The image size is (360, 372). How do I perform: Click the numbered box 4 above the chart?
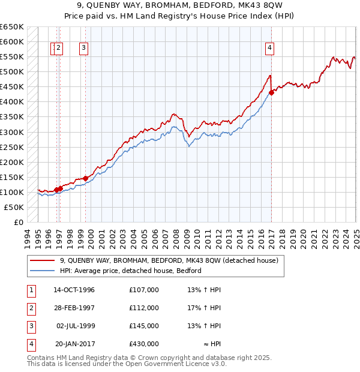point(270,49)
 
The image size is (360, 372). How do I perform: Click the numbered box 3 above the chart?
point(83,49)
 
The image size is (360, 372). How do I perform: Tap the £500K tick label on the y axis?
point(12,72)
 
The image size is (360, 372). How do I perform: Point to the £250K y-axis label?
point(12,147)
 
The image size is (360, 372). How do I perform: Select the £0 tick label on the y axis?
point(19,222)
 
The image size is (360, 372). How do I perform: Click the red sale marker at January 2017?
point(272,92)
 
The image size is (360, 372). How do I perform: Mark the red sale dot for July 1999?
point(85,178)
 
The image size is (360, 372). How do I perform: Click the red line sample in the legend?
point(41,261)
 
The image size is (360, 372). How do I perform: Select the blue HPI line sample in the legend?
point(41,271)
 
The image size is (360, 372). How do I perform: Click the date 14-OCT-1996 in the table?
point(74,290)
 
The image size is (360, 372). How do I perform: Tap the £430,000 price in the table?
point(144,344)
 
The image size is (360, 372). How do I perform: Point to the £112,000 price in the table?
point(144,308)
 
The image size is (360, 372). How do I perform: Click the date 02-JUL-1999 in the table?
point(74,326)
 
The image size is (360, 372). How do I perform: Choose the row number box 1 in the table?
point(31,290)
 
